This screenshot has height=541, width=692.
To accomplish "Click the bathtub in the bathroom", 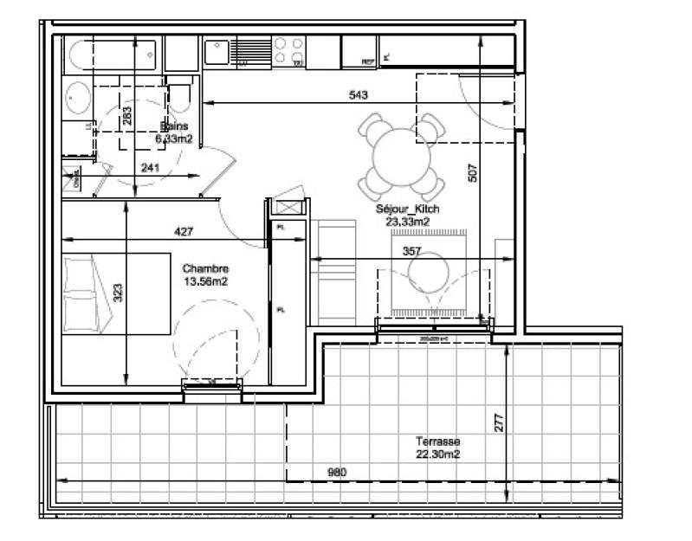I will (113, 57).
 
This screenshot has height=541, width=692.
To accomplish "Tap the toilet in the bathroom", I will (179, 96).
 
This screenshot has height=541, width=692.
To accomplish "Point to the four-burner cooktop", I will (289, 51).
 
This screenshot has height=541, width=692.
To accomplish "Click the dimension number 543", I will (359, 95).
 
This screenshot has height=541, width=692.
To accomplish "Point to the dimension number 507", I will (473, 173).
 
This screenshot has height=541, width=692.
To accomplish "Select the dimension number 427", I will (184, 231).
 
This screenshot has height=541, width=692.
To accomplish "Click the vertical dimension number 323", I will (118, 293).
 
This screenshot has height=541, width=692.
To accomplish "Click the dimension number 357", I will (414, 251).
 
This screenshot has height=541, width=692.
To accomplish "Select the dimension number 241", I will (150, 168).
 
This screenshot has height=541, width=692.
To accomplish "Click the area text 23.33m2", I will (407, 222).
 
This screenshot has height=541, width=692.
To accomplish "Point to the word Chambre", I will (204, 268).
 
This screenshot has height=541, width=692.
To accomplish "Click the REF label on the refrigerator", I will (367, 61).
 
